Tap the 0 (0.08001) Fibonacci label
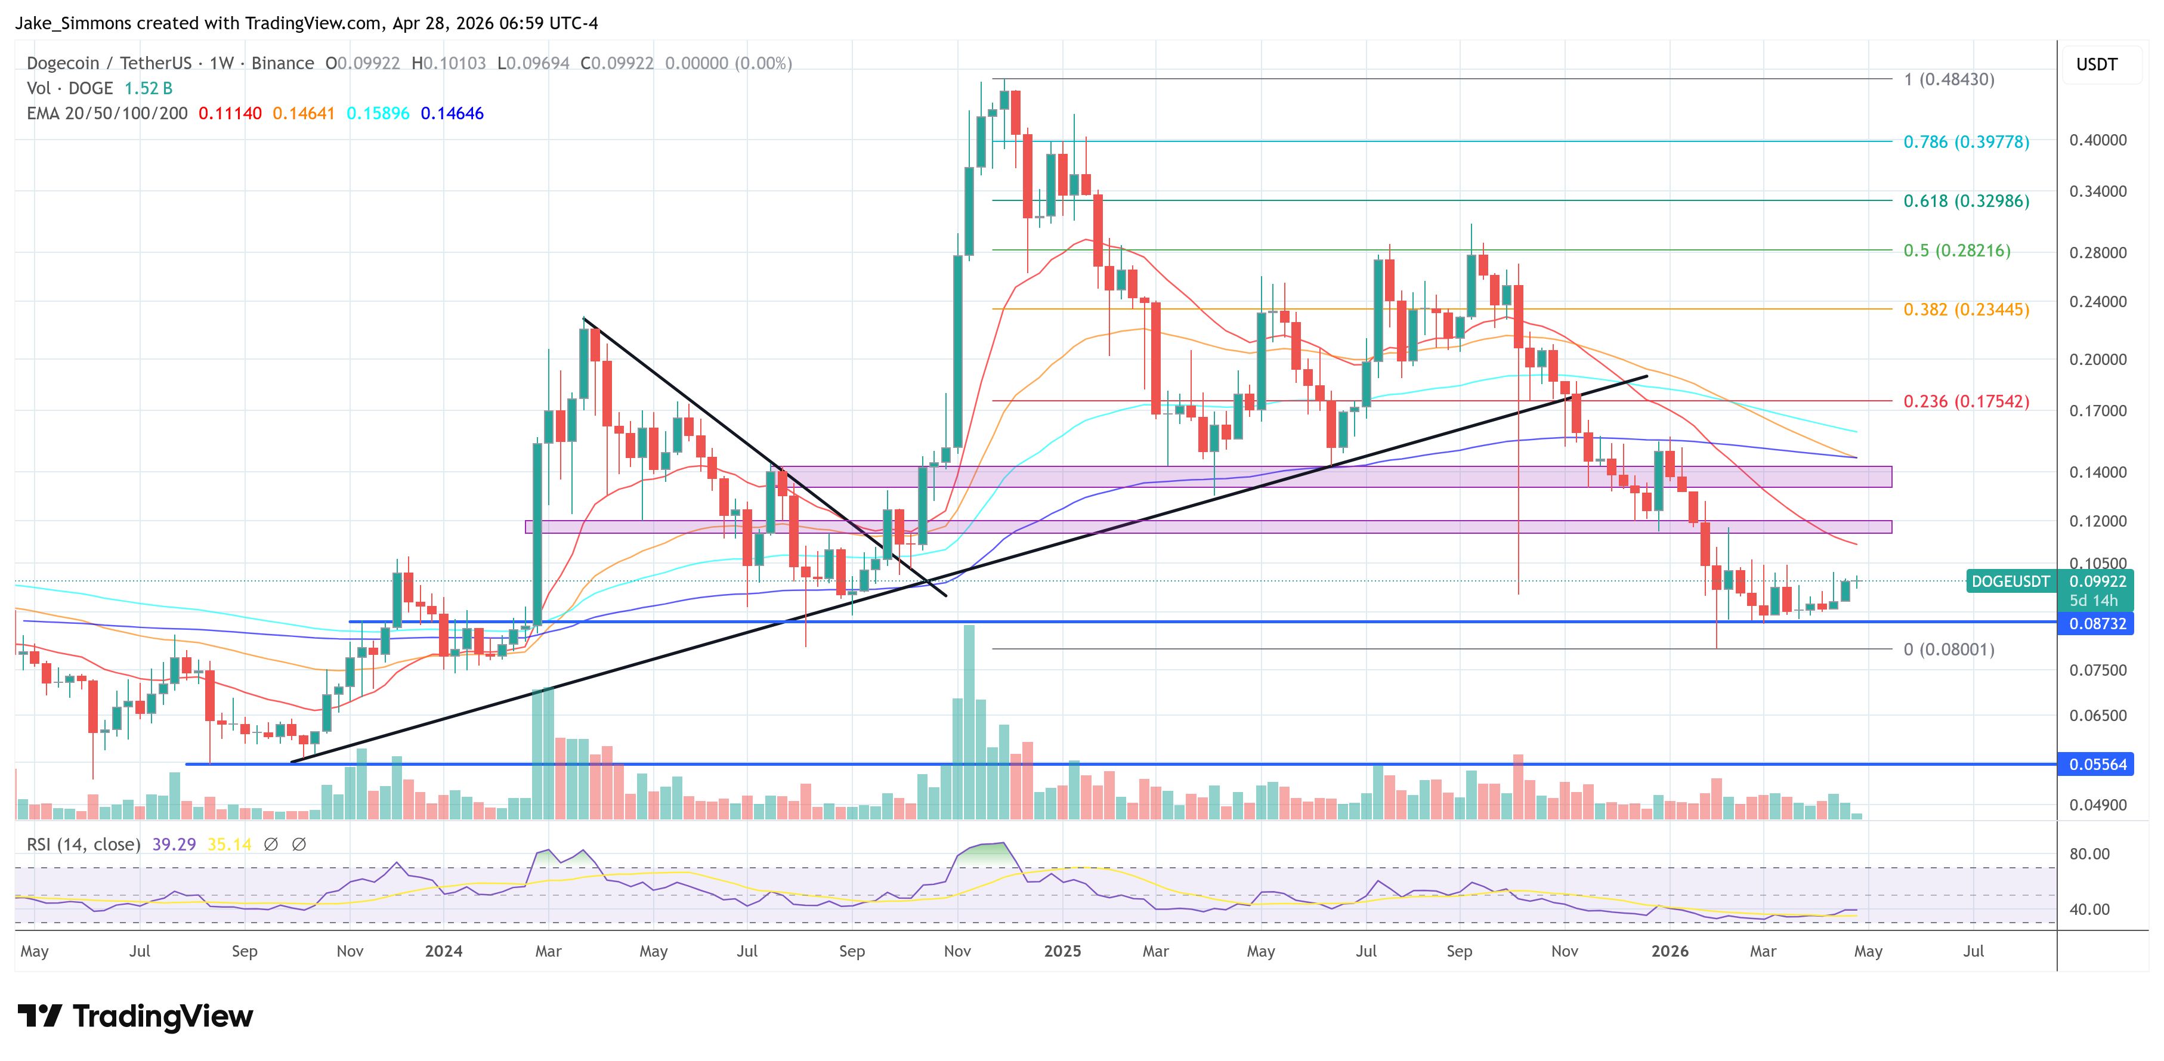[1948, 649]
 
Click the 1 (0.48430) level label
[1948, 80]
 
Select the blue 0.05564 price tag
[2097, 765]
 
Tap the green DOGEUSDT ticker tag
[2010, 581]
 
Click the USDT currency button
[2096, 64]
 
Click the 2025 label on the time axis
[1062, 951]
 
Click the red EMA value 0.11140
[229, 113]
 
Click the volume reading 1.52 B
[148, 88]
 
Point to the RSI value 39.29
[173, 845]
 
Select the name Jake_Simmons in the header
[73, 23]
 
